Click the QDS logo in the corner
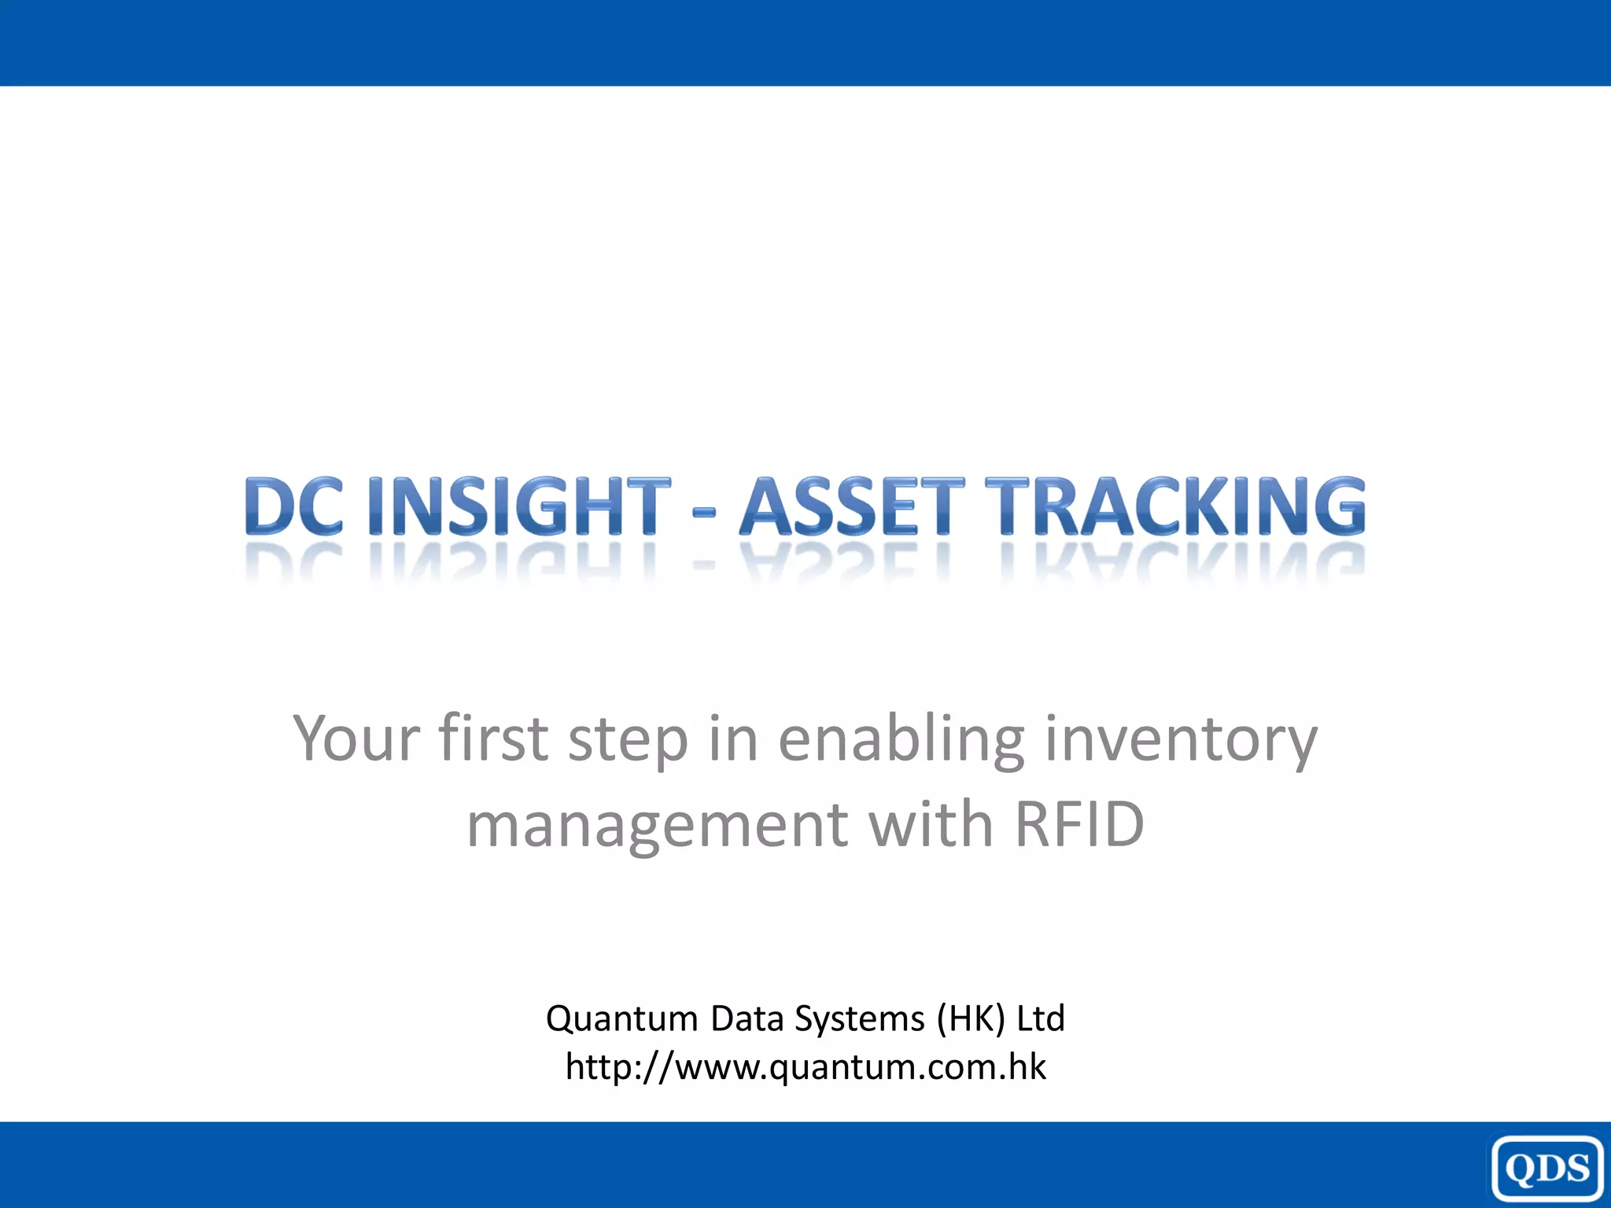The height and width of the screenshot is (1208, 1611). coord(1547,1169)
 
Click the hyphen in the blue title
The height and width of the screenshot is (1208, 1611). coord(704,514)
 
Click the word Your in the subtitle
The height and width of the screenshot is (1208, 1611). coord(356,739)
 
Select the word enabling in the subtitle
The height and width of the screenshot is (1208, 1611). coord(901,739)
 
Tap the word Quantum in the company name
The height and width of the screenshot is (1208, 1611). coord(621,1019)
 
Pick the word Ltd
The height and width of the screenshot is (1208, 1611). coord(1040,1018)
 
